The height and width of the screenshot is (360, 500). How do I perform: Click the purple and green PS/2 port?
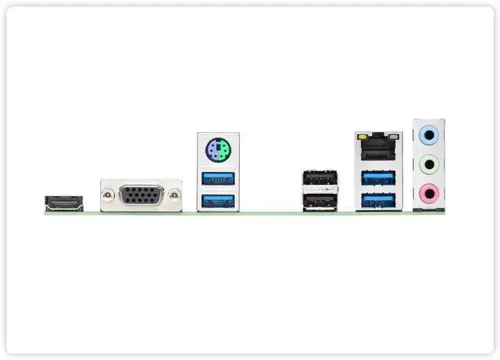click(x=219, y=149)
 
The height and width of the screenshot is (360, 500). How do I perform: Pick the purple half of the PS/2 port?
click(x=214, y=149)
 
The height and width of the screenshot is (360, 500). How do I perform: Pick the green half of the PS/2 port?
click(x=223, y=149)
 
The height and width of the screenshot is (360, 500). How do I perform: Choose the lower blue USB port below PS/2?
click(x=219, y=201)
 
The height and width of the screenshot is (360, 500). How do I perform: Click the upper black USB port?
click(x=320, y=180)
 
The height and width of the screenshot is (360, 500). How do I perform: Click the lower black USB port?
click(x=320, y=201)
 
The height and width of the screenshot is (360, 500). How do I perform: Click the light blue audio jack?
click(x=427, y=135)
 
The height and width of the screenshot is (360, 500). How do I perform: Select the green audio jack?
click(x=427, y=164)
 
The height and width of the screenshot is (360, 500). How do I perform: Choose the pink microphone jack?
click(x=427, y=192)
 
